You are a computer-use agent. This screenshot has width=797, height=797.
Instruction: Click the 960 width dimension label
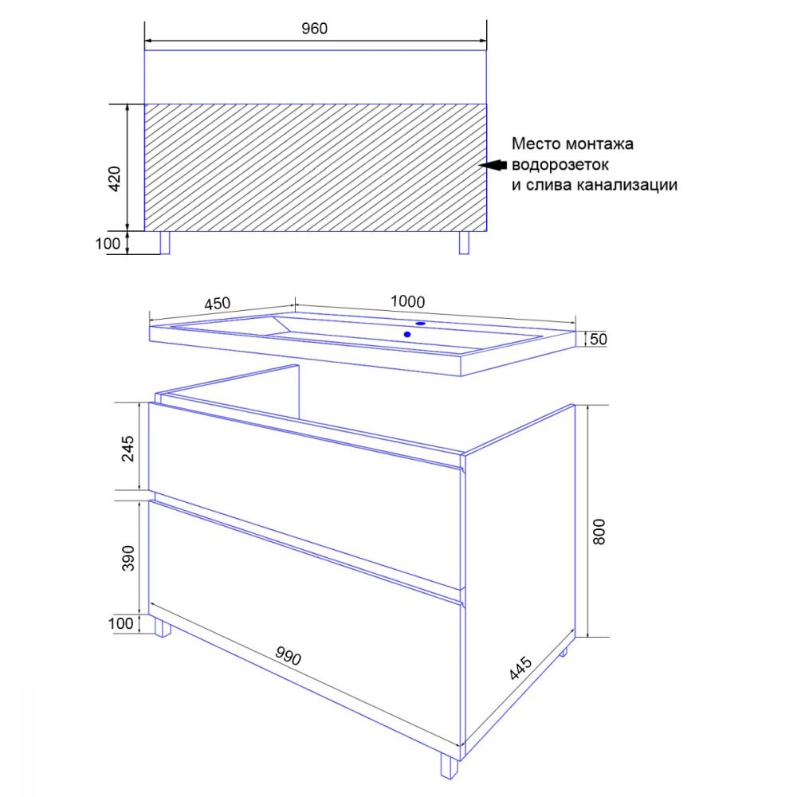[314, 29]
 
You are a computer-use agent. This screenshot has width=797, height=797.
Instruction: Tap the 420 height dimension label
[115, 179]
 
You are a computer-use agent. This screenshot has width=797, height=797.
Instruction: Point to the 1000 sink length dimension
[407, 302]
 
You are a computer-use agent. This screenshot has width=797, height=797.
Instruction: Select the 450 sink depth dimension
[218, 304]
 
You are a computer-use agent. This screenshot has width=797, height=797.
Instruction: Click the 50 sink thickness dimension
[599, 339]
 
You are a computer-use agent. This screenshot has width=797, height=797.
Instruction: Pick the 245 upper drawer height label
[128, 448]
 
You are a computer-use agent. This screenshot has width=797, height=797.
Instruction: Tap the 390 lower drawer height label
[128, 558]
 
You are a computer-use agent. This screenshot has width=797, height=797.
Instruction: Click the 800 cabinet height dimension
[599, 532]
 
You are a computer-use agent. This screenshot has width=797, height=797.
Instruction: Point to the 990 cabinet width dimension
[289, 656]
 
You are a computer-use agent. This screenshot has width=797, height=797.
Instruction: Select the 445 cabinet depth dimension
[521, 668]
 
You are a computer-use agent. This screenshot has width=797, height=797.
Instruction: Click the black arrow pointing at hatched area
[493, 165]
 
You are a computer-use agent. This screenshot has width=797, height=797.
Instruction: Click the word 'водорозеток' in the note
[560, 165]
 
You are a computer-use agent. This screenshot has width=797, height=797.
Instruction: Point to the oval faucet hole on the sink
[420, 324]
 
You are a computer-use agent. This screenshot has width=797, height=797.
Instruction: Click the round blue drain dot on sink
[407, 335]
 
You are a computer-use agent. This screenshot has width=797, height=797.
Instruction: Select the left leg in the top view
[165, 242]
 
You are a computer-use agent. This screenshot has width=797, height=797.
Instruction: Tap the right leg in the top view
[464, 242]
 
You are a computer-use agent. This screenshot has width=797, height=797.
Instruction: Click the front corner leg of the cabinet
[449, 764]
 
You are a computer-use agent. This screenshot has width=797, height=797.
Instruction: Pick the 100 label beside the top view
[108, 243]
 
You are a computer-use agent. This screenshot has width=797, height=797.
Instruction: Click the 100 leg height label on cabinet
[121, 624]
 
